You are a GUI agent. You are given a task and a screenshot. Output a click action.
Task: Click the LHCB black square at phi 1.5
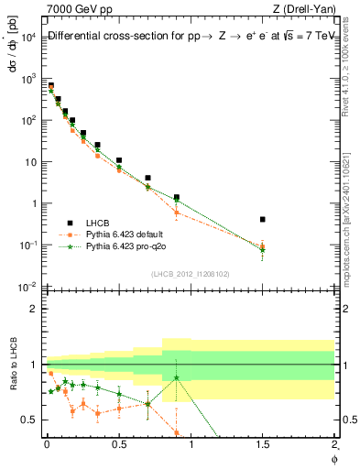pos(263,220)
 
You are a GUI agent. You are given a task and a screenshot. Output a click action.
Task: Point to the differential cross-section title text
pos(183,37)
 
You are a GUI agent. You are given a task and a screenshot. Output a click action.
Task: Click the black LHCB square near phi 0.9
pos(176,197)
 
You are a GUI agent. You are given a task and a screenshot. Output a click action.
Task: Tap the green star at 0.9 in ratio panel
pos(176,377)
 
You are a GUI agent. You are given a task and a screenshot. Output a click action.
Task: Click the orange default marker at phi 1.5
pos(263,245)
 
